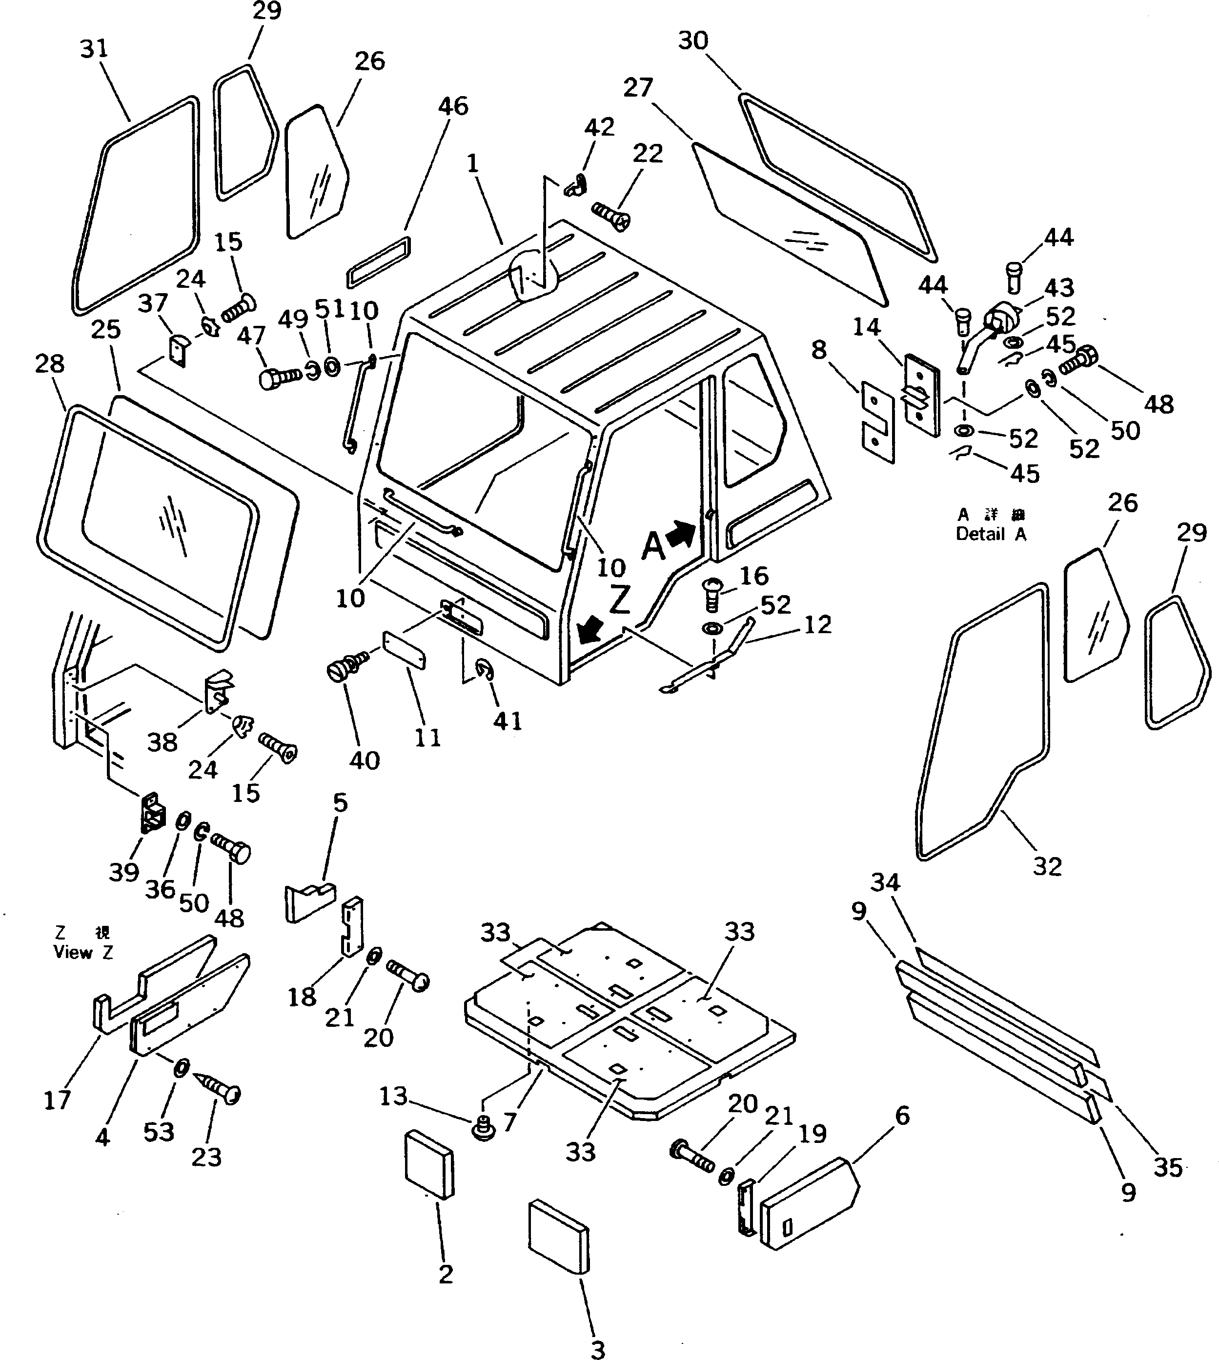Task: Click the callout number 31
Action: coord(94,49)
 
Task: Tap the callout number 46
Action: coord(453,106)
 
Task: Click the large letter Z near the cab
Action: coord(620,600)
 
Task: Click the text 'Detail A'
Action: coord(991,534)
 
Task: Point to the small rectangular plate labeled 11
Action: coord(404,648)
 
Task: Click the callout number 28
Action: coord(50,363)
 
